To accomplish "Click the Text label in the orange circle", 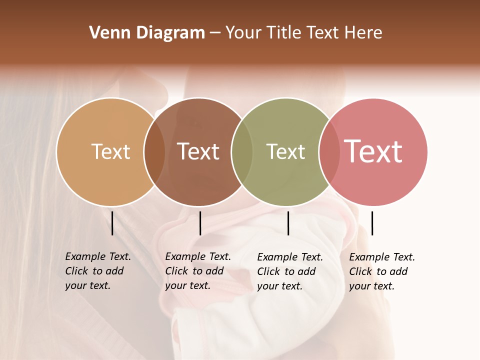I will tap(110, 151).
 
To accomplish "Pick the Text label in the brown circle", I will tap(198, 151).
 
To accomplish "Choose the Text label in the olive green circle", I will tap(285, 151).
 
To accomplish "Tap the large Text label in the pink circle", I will tap(373, 151).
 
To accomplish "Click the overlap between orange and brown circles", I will tap(154, 152).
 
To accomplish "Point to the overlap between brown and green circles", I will tap(242, 152).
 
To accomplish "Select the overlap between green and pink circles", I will tap(329, 152).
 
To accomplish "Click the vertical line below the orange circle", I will tap(112, 223).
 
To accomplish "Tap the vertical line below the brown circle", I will tap(200, 223).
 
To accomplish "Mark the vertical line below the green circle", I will tap(288, 223).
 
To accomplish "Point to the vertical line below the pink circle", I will tap(372, 223).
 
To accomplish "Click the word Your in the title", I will tap(243, 33).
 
